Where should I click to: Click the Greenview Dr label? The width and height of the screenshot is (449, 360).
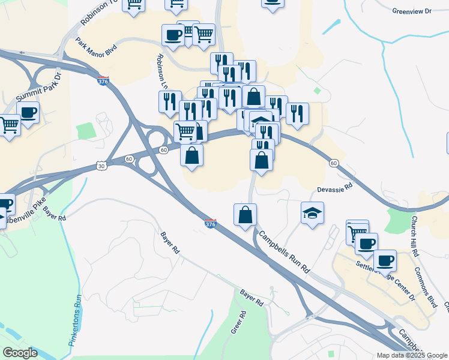click(x=411, y=11)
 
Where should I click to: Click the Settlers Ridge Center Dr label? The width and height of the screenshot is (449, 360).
click(x=385, y=280)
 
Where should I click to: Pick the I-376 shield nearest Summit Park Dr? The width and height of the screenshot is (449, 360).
click(x=103, y=80)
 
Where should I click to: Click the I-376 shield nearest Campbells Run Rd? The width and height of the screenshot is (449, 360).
click(x=210, y=223)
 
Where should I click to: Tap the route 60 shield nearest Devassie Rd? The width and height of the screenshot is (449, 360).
click(x=334, y=163)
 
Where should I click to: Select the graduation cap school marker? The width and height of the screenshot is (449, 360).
click(x=312, y=213)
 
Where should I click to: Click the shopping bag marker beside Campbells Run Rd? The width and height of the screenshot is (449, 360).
click(x=245, y=215)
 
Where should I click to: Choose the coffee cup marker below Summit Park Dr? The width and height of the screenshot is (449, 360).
click(x=28, y=112)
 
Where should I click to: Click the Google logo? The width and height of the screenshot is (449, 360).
click(x=20, y=353)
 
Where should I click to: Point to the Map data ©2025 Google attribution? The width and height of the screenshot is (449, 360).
click(x=411, y=355)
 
